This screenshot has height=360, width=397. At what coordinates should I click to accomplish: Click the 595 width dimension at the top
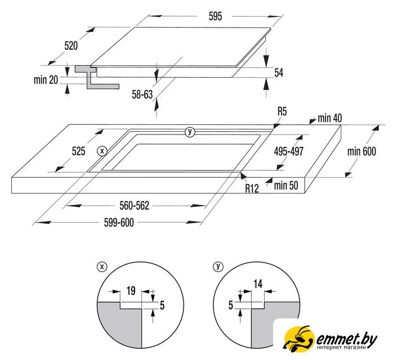click(x=215, y=16)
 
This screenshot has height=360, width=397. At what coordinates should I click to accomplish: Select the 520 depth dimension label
click(x=71, y=46)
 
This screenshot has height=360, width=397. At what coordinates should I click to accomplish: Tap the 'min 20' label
click(x=46, y=80)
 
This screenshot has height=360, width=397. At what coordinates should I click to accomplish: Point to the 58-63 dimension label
click(x=142, y=94)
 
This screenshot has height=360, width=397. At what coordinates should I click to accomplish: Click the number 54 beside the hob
click(x=279, y=73)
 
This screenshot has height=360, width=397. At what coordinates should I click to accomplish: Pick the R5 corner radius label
click(x=282, y=111)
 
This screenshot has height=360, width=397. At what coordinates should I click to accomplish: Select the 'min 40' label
click(x=329, y=118)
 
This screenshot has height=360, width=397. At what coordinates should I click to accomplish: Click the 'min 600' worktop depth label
click(x=362, y=151)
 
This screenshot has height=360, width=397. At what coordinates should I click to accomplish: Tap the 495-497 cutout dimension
click(x=289, y=151)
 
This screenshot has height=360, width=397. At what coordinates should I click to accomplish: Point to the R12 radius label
click(x=252, y=188)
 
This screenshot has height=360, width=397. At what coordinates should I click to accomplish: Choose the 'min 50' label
click(x=286, y=186)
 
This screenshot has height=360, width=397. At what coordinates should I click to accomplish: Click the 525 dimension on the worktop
click(x=78, y=151)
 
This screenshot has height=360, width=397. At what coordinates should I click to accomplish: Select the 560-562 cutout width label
click(x=135, y=206)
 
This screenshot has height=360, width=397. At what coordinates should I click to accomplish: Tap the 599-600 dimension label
click(x=119, y=223)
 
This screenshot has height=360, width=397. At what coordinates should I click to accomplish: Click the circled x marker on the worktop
click(x=102, y=151)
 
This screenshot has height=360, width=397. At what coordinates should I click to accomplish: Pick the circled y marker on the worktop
click(x=190, y=132)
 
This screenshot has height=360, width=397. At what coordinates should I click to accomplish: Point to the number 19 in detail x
click(x=131, y=291)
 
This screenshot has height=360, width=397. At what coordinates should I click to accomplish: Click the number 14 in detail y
click(x=258, y=284)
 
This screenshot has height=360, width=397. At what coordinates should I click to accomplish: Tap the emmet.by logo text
click(x=347, y=340)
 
